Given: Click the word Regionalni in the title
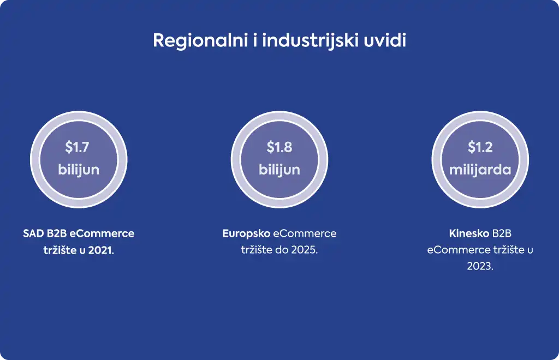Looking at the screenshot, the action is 200,40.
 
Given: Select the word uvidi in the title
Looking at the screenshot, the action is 385,40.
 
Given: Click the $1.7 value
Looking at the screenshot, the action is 77,147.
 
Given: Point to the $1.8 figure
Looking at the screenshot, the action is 279,147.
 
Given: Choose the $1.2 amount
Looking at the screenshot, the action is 480,147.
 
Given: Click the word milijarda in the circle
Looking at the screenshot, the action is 480,170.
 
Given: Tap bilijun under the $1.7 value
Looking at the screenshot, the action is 79,170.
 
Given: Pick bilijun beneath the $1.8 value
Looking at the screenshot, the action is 279,170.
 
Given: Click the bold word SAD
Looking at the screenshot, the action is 33,233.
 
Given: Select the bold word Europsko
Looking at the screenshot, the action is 246,233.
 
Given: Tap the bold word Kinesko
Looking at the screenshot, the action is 469,233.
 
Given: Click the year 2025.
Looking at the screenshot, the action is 304,250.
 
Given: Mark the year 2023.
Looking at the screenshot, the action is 480,266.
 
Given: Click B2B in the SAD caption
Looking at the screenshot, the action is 57,233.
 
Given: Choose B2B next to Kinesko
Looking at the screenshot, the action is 502,233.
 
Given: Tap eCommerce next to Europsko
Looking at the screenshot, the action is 305,233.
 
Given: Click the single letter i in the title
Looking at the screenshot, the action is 255,40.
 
